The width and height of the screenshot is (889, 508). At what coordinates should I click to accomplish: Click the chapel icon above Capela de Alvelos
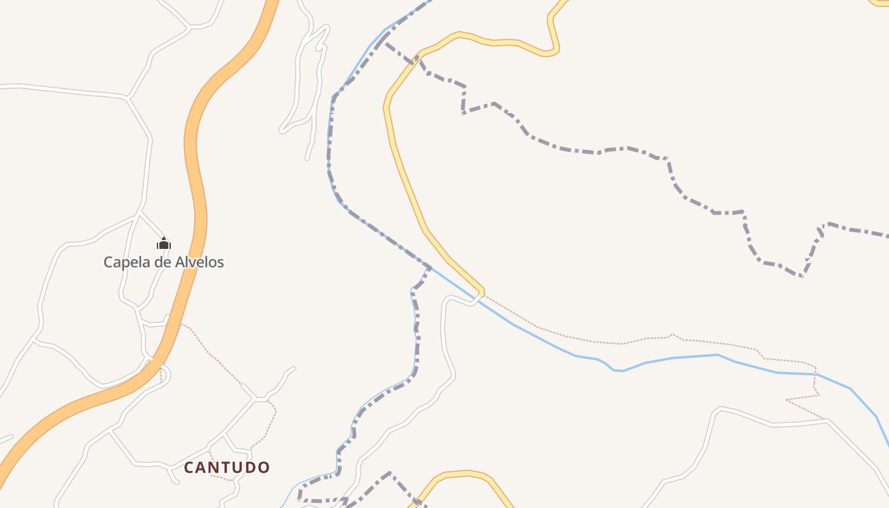164,243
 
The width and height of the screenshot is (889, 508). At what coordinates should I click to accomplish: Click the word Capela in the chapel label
126,262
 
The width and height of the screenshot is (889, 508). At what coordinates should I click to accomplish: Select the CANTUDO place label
227,468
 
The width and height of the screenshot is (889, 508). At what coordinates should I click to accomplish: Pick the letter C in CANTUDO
189,468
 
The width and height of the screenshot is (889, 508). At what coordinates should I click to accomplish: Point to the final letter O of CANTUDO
264,468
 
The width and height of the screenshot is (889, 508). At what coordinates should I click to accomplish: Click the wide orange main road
195,159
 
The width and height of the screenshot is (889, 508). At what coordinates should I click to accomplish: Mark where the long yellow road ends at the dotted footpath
482,293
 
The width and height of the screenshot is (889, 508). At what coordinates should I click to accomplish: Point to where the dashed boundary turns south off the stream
430,268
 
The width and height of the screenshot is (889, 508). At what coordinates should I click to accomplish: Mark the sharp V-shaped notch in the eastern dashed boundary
803,276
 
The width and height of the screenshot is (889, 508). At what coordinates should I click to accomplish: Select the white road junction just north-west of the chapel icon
139,214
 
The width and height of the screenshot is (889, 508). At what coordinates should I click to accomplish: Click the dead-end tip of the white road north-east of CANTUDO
293,368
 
